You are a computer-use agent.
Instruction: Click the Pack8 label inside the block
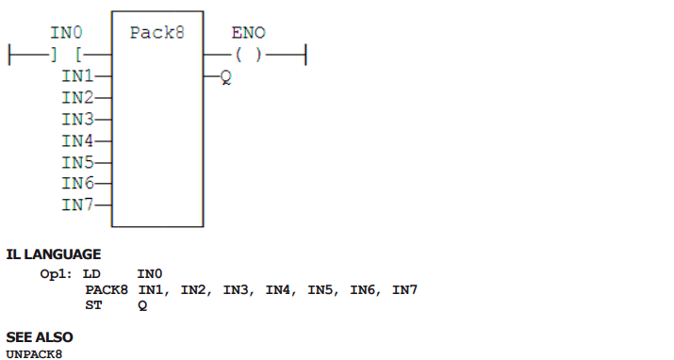point(156,33)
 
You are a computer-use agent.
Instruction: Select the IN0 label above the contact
point(66,33)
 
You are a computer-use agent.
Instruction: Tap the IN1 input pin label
point(77,76)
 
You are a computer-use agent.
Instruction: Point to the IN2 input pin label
point(77,97)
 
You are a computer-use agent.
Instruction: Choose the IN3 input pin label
point(77,119)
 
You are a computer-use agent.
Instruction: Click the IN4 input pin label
point(77,141)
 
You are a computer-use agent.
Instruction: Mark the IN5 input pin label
point(77,162)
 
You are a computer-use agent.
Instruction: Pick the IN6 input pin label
point(77,184)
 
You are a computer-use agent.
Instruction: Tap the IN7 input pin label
point(77,205)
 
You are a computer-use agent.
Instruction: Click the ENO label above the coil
point(249,33)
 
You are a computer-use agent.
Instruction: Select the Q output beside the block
point(226,77)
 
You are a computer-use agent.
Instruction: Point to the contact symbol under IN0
point(66,55)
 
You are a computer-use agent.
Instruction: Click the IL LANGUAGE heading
point(54,254)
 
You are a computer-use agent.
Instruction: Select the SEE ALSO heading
point(40,337)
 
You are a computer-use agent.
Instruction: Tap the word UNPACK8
point(34,354)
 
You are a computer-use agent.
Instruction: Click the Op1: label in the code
point(56,274)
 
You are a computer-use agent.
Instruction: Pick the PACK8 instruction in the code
point(107,290)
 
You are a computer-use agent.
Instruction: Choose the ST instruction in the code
point(93,305)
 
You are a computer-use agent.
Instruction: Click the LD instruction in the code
point(91,274)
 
